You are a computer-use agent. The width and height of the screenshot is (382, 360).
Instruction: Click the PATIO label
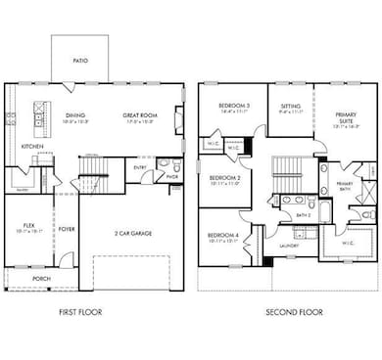tap(79, 61)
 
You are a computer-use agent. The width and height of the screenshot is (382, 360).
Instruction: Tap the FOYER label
tap(67, 231)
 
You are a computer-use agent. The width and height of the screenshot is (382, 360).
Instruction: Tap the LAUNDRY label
tap(288, 246)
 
